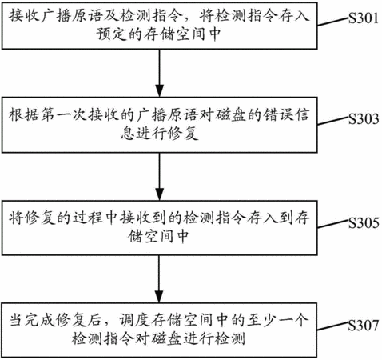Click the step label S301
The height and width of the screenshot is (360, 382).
coord(364,18)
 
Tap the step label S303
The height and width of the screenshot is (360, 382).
coord(364,118)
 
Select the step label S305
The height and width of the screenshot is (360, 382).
coord(364,222)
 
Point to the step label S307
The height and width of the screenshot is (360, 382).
coord(364,325)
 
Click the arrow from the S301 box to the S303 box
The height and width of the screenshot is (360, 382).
coord(159,73)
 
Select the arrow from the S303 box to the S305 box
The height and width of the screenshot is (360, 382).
coord(159,177)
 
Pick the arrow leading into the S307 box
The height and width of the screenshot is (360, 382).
coord(159,279)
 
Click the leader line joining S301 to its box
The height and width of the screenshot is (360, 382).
coord(333,22)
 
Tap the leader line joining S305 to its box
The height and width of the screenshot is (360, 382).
coord(333,224)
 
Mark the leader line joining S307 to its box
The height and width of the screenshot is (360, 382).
coord(333,327)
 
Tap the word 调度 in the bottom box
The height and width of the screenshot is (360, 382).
coord(134,320)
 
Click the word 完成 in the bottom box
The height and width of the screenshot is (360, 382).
coord(40,320)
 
